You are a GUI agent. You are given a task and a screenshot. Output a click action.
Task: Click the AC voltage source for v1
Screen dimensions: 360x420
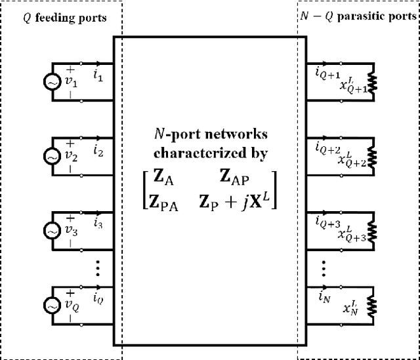(x=50, y=83)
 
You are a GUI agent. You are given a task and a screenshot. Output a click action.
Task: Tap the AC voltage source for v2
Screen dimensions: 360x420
(x=50, y=157)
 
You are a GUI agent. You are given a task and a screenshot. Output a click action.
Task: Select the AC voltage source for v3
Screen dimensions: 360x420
(x=50, y=231)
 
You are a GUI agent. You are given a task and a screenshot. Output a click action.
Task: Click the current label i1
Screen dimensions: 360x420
(x=98, y=77)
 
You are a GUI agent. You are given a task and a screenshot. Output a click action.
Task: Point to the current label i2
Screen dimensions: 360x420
(x=98, y=151)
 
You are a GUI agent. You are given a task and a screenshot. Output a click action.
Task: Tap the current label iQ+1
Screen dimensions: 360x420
(x=326, y=71)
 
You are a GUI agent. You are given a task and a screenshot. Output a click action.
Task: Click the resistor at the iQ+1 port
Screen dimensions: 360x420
(x=373, y=83)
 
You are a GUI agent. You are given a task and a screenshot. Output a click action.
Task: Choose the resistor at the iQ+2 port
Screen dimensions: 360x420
(x=373, y=157)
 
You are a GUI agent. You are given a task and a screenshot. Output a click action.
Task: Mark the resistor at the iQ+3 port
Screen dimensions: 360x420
(x=373, y=231)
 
